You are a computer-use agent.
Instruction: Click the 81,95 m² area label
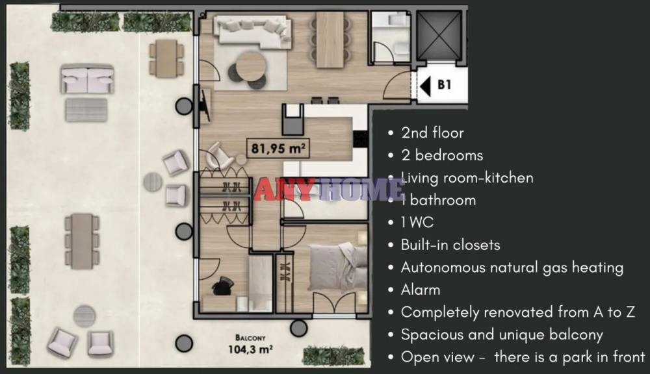(278, 148)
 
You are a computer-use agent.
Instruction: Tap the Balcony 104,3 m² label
(250, 344)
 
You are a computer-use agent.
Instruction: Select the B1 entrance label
(445, 85)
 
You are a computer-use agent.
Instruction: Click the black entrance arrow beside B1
(424, 86)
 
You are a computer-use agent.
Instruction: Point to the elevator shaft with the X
(439, 36)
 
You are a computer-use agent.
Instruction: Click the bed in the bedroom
(337, 268)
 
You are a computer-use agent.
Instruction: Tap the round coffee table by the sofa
(250, 66)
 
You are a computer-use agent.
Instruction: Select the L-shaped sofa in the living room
(252, 32)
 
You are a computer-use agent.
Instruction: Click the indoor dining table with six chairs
(330, 40)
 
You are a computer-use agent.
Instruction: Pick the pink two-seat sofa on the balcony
(87, 79)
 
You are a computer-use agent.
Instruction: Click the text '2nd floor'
(432, 133)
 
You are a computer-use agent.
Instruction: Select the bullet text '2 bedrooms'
(442, 155)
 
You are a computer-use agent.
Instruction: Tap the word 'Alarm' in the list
(421, 290)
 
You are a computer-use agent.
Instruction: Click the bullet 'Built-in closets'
(450, 245)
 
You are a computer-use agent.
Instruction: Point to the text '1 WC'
(417, 223)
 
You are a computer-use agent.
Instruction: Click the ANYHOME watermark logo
(329, 190)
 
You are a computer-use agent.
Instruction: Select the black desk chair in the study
(222, 286)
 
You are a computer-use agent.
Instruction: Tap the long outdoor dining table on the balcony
(82, 241)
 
